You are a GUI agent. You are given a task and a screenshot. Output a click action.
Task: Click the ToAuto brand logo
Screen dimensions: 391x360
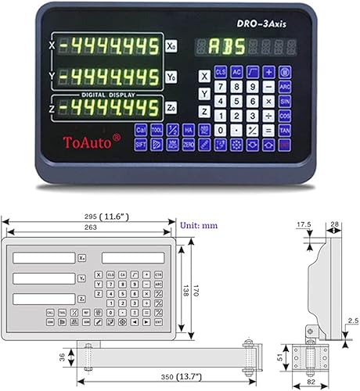pyautogui.click(x=86, y=141)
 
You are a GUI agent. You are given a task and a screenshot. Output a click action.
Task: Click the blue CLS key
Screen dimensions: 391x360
pyautogui.click(x=221, y=73)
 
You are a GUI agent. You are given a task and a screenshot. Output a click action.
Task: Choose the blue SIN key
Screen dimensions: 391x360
pyautogui.click(x=285, y=102)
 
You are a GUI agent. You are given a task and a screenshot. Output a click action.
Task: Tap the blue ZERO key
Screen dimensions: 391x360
pyautogui.click(x=189, y=145)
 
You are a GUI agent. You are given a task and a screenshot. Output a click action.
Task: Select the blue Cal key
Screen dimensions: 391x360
pyautogui.click(x=140, y=130)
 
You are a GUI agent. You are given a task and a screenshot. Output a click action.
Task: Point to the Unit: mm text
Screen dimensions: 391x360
pyautogui.click(x=199, y=225)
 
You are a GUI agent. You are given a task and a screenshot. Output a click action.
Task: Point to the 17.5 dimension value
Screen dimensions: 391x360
pyautogui.click(x=299, y=224)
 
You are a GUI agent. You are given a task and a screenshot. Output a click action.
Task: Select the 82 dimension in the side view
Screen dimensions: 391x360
pyautogui.click(x=311, y=384)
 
